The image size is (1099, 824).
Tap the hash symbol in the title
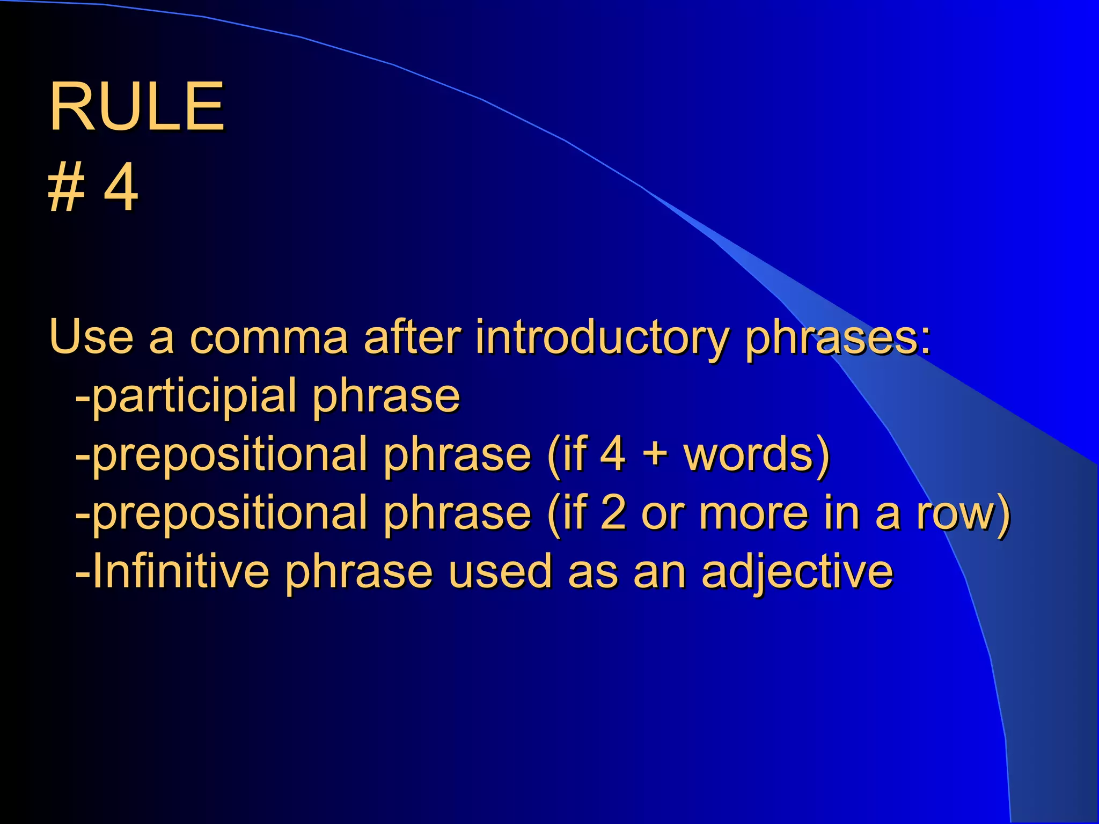pos(67,188)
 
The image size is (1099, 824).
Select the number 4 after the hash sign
pos(121,188)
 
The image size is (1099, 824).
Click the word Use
pos(91,337)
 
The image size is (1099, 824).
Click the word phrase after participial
pos(386,396)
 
